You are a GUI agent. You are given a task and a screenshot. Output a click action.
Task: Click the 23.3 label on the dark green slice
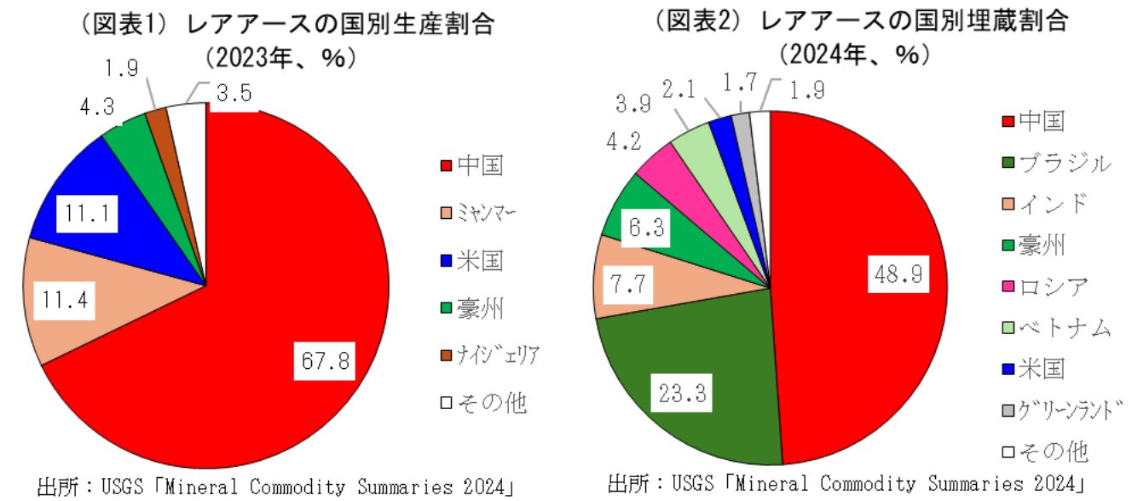682,393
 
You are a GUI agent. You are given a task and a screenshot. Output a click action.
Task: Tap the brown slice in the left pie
159,122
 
